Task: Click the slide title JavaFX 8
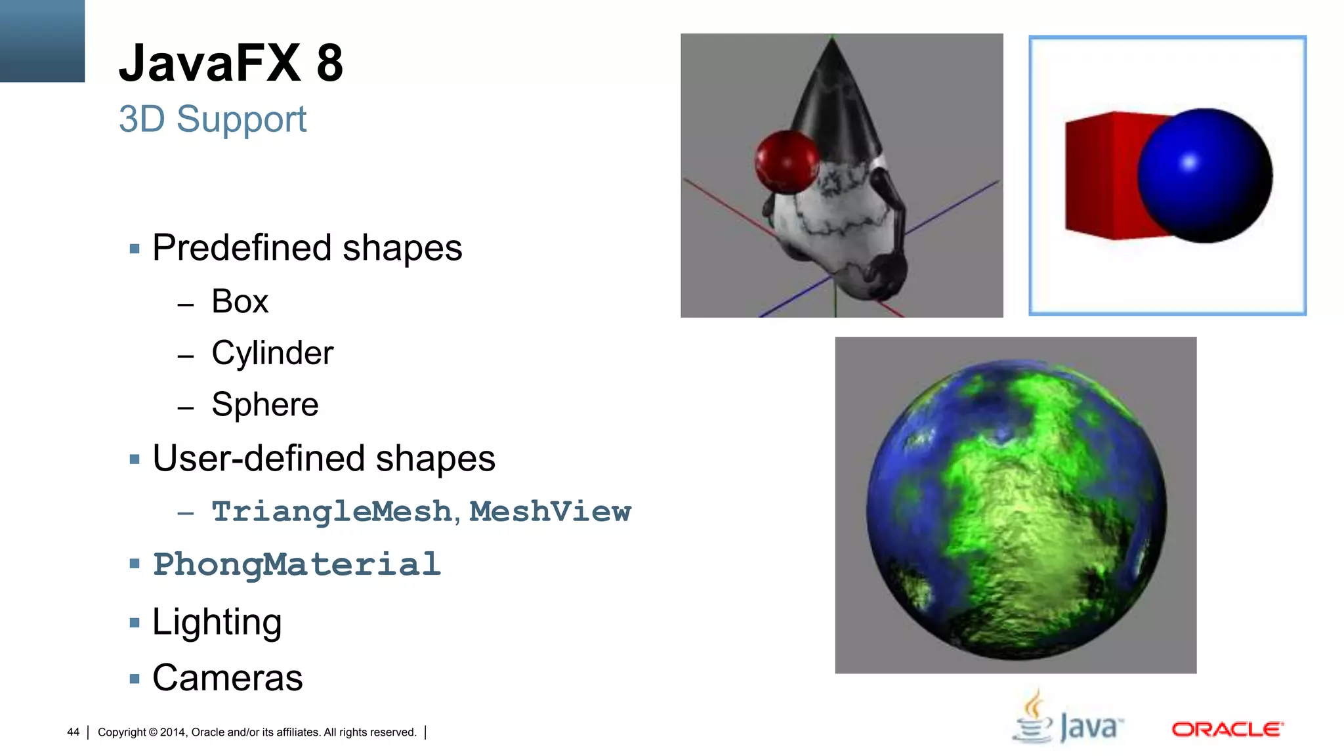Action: click(230, 63)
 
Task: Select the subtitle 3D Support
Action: click(212, 119)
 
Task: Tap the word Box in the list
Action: click(240, 302)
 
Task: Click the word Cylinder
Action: click(272, 353)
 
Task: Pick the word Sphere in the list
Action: click(264, 404)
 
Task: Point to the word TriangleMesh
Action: click(331, 512)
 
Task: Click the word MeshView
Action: click(550, 512)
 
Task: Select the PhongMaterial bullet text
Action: click(297, 564)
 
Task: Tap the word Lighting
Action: click(217, 621)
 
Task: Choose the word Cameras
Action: click(227, 678)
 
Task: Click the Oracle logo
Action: click(1227, 729)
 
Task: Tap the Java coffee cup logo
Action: click(1034, 719)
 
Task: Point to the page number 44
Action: click(73, 732)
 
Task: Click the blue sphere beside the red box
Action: click(1204, 175)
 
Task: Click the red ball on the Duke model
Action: click(786, 161)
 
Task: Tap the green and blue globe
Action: click(1016, 509)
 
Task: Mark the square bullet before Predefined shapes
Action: click(135, 249)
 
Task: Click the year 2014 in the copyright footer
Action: click(173, 732)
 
